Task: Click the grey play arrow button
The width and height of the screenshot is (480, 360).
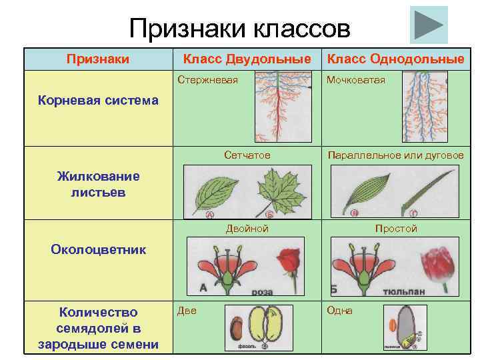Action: click(428, 25)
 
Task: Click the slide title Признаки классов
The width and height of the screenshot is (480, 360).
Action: click(239, 28)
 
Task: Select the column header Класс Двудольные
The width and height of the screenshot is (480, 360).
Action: click(247, 59)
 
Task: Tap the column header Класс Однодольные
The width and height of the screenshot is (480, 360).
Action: click(395, 59)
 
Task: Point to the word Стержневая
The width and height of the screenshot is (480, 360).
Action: click(207, 80)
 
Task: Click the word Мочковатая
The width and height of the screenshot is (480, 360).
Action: click(356, 80)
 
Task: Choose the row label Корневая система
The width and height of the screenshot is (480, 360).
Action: click(98, 101)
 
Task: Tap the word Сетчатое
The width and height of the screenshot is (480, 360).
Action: click(247, 155)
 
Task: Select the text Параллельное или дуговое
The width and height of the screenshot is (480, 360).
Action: click(395, 155)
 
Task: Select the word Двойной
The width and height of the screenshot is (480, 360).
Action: click(247, 229)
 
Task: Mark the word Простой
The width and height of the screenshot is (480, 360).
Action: click(395, 229)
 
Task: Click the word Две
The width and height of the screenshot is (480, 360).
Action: click(187, 311)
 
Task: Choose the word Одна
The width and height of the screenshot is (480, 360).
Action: click(339, 311)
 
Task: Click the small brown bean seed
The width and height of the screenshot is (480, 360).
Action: click(235, 329)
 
